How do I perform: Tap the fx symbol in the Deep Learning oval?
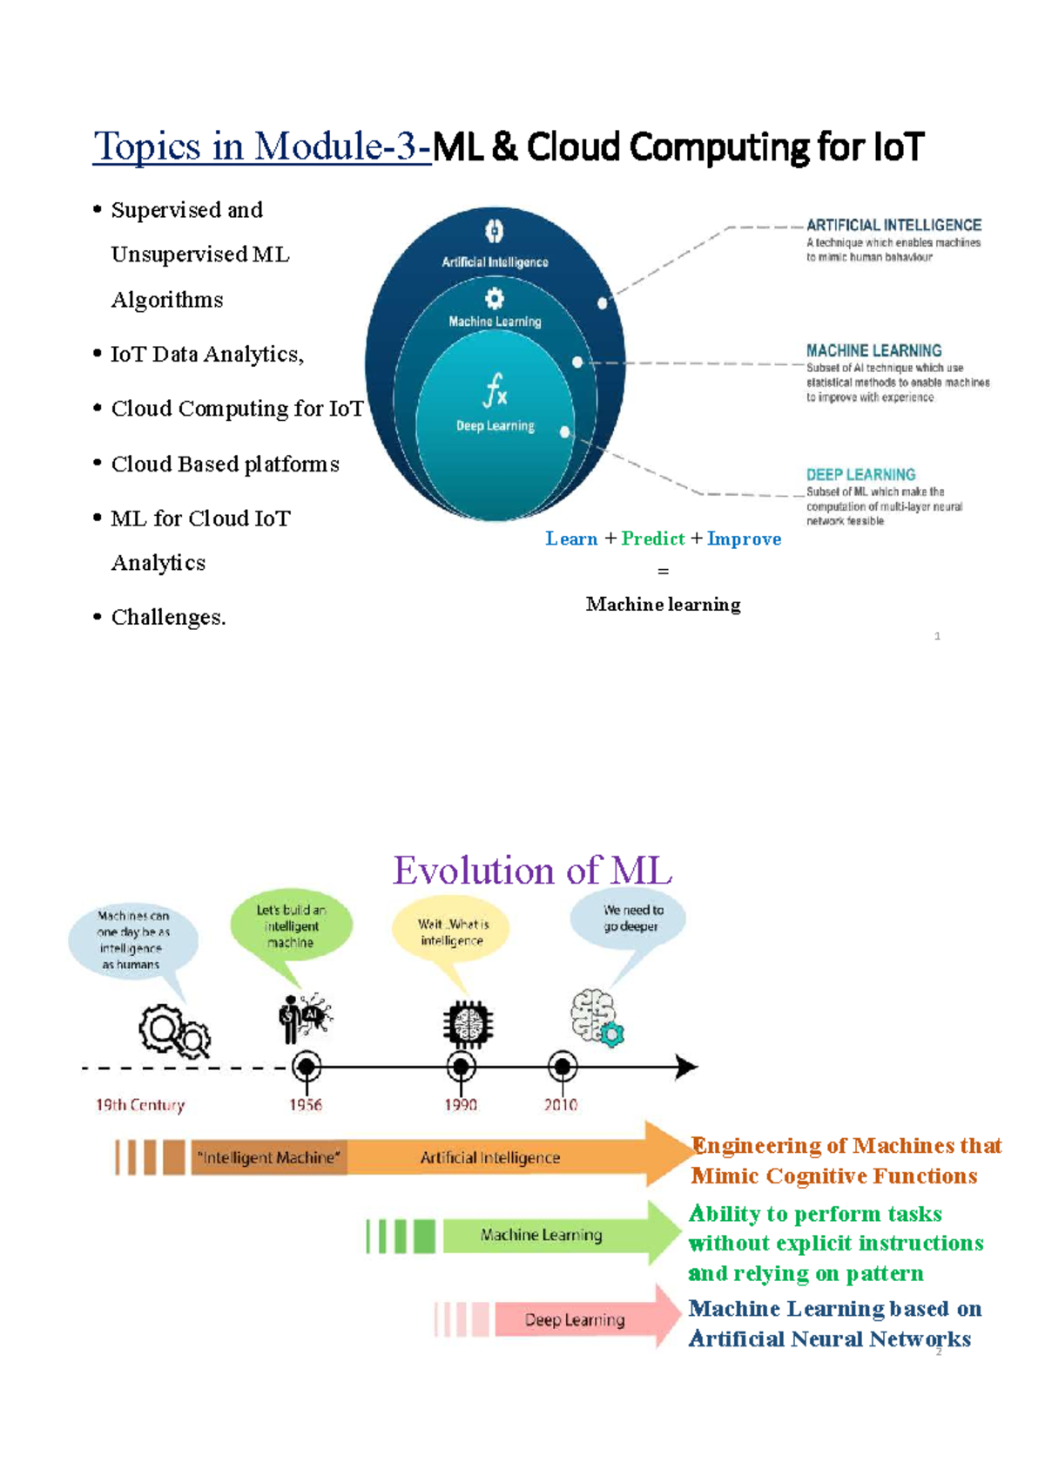pyautogui.click(x=495, y=390)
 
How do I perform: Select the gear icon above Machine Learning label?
pyautogui.click(x=495, y=299)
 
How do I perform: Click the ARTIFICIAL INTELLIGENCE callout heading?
pyautogui.click(x=893, y=225)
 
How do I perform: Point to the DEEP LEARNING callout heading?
pyautogui.click(x=860, y=475)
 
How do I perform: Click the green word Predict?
pyautogui.click(x=653, y=539)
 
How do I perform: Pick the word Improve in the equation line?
pyautogui.click(x=744, y=539)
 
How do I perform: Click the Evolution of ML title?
pyautogui.click(x=532, y=871)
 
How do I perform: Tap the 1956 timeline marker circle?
pyautogui.click(x=307, y=1067)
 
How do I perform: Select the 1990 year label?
pyautogui.click(x=461, y=1105)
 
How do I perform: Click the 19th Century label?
pyautogui.click(x=140, y=1105)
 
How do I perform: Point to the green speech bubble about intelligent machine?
pyautogui.click(x=291, y=926)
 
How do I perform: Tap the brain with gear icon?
pyautogui.click(x=597, y=1018)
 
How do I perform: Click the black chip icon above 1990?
pyautogui.click(x=468, y=1023)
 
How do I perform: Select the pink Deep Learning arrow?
pyautogui.click(x=575, y=1319)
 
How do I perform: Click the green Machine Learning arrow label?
pyautogui.click(x=541, y=1235)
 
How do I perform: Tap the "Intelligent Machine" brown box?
pyautogui.click(x=269, y=1157)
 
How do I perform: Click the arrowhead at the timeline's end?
pyautogui.click(x=686, y=1067)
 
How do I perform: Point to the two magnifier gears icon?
pyautogui.click(x=175, y=1031)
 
